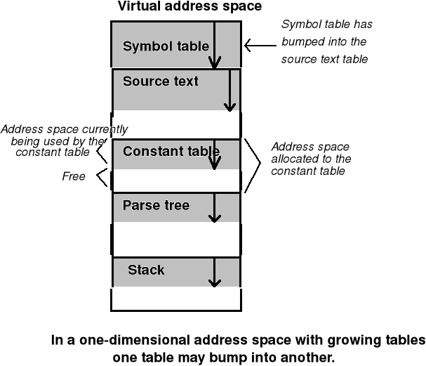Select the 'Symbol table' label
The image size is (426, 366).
tap(166, 47)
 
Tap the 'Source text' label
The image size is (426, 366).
tap(160, 81)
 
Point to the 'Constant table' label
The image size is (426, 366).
tap(171, 151)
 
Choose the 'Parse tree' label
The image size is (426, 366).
tap(156, 205)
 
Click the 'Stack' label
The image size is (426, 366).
tap(146, 270)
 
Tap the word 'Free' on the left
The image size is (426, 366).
tap(74, 176)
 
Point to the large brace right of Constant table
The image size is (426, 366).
tap(253, 165)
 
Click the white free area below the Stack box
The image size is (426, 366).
tap(175, 299)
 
